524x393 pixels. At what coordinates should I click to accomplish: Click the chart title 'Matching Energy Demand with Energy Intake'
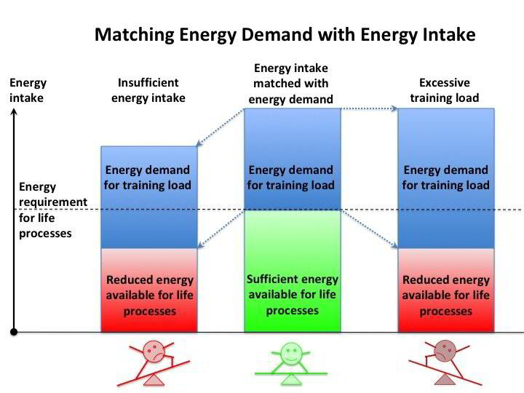pyautogui.click(x=285, y=34)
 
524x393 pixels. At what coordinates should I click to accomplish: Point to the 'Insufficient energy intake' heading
pyautogui.click(x=148, y=90)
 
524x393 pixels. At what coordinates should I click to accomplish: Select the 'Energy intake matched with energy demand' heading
pyautogui.click(x=291, y=84)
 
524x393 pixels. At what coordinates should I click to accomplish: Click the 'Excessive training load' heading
pyautogui.click(x=445, y=90)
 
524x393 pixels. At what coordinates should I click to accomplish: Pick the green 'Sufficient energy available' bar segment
pyautogui.click(x=292, y=271)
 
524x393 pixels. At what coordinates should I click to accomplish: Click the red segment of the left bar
pyautogui.click(x=148, y=290)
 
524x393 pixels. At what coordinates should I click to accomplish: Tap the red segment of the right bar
pyautogui.click(x=445, y=290)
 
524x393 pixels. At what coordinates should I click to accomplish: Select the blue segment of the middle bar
pyautogui.click(x=292, y=159)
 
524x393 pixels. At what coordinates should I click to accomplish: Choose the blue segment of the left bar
pyautogui.click(x=148, y=197)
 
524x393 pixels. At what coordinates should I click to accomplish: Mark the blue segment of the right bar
pyautogui.click(x=445, y=178)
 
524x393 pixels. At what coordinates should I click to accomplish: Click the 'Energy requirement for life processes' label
pyautogui.click(x=52, y=210)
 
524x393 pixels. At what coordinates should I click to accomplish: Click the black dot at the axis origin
pyautogui.click(x=14, y=332)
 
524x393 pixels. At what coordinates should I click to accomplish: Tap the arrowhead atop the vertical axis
pyautogui.click(x=14, y=112)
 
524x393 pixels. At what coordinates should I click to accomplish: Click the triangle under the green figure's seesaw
pyautogui.click(x=293, y=378)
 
